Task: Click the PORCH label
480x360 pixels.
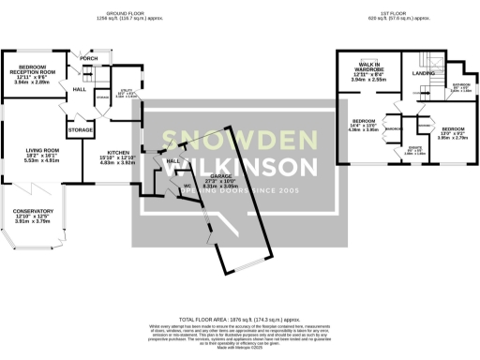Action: pos(89,58)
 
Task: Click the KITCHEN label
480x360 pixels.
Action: pos(118,152)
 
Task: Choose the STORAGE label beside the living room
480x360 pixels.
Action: pos(80,129)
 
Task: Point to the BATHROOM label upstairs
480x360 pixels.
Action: pos(460,85)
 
